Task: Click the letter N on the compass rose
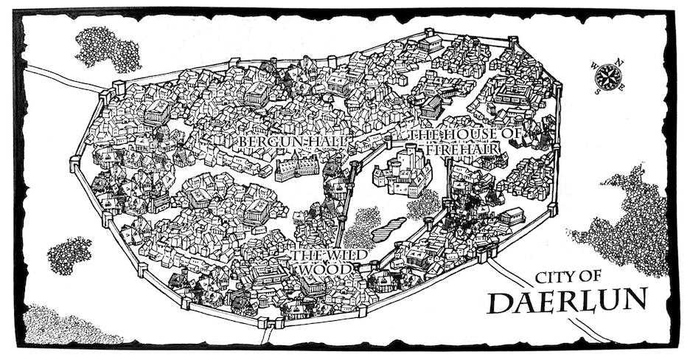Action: (x=619, y=62)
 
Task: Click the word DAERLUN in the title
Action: (x=568, y=301)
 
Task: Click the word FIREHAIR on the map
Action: (x=468, y=149)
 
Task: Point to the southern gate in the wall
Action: (x=275, y=322)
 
